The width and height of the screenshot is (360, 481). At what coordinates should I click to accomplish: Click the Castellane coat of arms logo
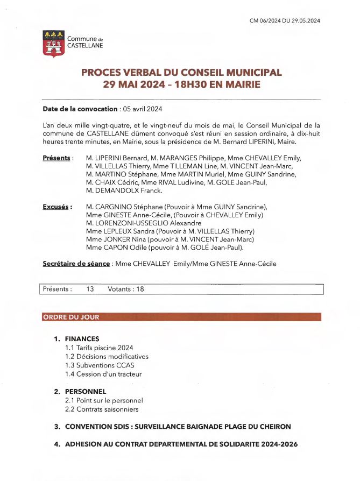(x=53, y=43)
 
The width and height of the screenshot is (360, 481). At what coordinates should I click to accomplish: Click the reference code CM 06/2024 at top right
(x=285, y=20)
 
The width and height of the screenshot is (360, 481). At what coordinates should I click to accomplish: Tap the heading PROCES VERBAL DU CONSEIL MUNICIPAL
(x=181, y=73)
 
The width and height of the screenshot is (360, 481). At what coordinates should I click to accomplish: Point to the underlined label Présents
(x=57, y=158)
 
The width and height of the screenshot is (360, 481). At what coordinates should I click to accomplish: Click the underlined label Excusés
(x=56, y=207)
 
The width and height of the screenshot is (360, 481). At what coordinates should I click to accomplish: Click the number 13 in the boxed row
(x=90, y=289)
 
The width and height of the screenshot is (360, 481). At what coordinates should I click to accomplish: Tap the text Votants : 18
(x=126, y=289)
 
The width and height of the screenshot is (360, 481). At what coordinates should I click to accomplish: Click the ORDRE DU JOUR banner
(x=71, y=317)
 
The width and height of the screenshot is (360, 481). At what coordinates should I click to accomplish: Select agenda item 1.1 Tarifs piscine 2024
(x=99, y=348)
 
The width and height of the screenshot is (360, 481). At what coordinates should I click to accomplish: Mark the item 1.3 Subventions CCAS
(x=100, y=365)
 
